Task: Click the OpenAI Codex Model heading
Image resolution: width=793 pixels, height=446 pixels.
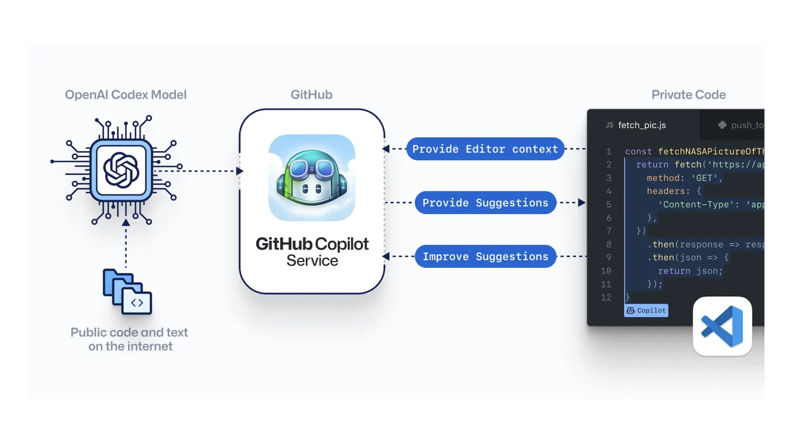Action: click(x=126, y=95)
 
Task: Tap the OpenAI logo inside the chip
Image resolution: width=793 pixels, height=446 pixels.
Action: click(x=121, y=170)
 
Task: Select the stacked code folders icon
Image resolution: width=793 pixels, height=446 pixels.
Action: click(x=127, y=291)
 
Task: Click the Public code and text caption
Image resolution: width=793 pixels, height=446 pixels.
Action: click(x=129, y=339)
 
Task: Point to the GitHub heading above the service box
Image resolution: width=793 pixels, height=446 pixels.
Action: click(x=311, y=95)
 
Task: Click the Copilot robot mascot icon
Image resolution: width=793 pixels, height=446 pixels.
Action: click(x=312, y=177)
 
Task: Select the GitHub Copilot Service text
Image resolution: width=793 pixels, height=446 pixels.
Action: click(x=312, y=252)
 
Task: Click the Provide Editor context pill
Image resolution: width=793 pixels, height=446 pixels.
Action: click(x=485, y=149)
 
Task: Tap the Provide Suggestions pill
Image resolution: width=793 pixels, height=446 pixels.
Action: click(x=485, y=203)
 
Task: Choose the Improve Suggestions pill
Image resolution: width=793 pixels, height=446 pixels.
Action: click(x=485, y=257)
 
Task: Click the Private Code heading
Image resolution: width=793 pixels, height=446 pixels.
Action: click(x=688, y=95)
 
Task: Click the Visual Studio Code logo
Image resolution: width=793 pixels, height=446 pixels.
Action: click(x=722, y=326)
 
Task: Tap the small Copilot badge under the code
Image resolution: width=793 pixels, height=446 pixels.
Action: click(x=646, y=311)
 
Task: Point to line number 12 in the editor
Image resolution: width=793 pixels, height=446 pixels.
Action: click(x=606, y=297)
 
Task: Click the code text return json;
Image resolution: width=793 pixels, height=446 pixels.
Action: click(x=690, y=271)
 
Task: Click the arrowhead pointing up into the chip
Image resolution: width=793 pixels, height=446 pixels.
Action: click(x=126, y=222)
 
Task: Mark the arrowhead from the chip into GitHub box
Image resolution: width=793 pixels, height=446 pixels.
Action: click(x=240, y=171)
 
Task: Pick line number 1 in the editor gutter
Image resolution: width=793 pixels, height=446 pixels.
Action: click(x=609, y=151)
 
